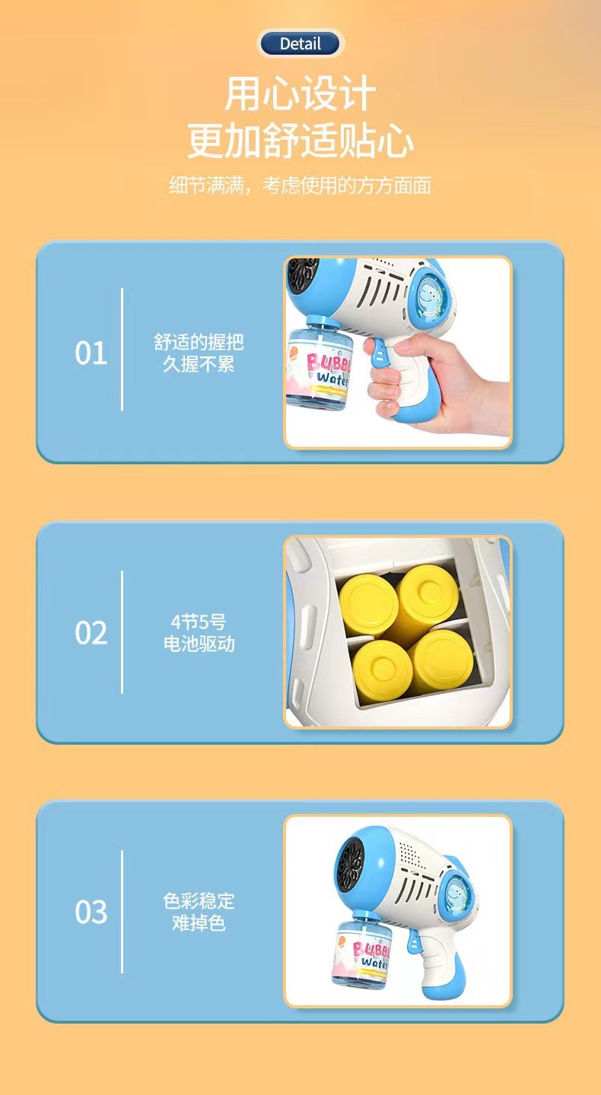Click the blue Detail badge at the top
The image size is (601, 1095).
300,44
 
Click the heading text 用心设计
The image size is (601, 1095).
300,95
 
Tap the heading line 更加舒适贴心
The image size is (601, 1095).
300,142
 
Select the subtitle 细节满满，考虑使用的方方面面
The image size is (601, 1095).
300,185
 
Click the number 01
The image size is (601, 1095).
91,353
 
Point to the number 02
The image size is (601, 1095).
91,632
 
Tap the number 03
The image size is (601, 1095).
91,911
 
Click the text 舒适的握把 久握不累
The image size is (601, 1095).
199,353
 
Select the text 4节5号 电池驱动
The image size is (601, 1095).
199,632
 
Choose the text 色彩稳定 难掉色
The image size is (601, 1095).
199,911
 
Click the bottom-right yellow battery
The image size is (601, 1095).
438,661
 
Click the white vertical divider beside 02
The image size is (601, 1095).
122,632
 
